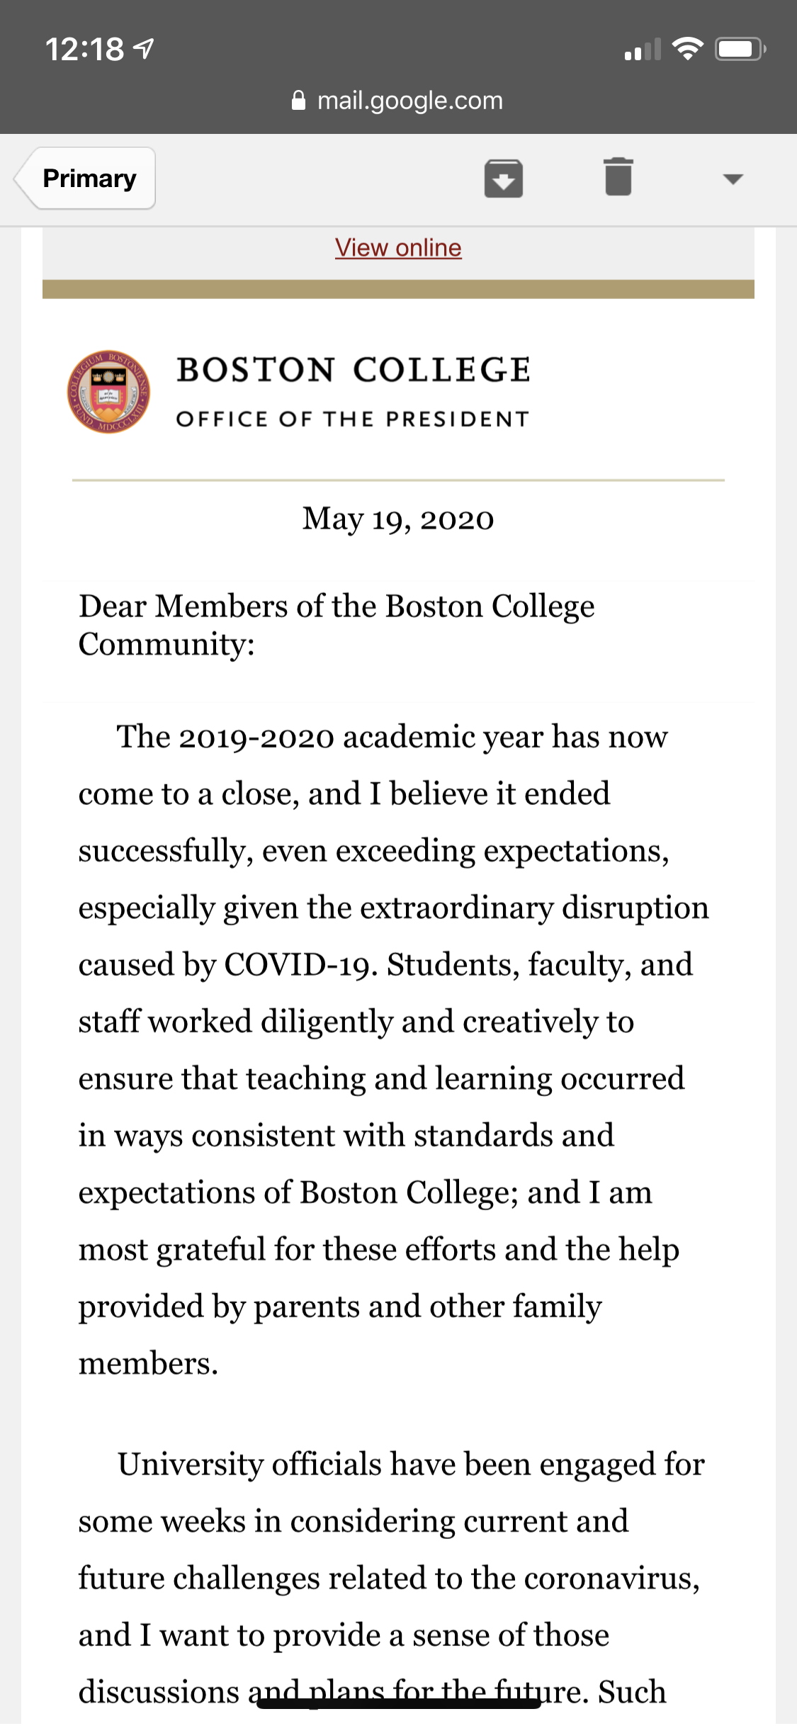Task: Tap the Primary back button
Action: click(x=87, y=179)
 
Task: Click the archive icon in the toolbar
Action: click(x=503, y=178)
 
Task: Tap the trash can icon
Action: click(x=618, y=176)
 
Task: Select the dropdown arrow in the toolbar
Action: click(x=733, y=179)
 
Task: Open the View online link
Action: click(x=398, y=248)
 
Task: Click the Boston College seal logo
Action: click(x=108, y=392)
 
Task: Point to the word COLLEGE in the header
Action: click(x=442, y=371)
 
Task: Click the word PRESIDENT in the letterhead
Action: click(x=458, y=419)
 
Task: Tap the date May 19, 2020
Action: click(x=398, y=519)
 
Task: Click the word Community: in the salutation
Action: click(x=166, y=645)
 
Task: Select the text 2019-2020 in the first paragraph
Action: click(x=256, y=738)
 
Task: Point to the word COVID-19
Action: click(x=300, y=966)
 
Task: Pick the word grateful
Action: click(x=211, y=1251)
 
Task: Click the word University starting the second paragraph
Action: click(x=190, y=1465)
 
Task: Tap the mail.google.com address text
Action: click(x=409, y=101)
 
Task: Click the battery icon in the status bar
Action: click(x=739, y=49)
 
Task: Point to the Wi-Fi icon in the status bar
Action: click(x=686, y=49)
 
